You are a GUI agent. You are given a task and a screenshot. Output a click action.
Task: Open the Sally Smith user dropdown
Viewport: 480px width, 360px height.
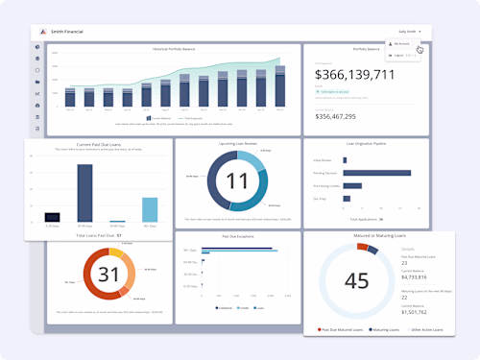coord(409,32)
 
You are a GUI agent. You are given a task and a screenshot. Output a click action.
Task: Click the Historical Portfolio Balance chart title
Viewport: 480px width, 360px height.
coord(172,49)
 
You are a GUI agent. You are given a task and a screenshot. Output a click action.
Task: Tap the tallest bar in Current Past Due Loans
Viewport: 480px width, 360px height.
coord(84,193)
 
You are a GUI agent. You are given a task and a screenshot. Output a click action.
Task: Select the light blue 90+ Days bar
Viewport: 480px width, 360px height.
coord(149,210)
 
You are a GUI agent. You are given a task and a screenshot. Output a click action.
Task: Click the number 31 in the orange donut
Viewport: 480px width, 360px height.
coord(108,276)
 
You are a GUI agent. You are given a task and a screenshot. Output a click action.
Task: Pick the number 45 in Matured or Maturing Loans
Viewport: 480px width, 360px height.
coord(357,280)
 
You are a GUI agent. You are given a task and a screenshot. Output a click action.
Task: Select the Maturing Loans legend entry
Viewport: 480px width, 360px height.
coord(387,329)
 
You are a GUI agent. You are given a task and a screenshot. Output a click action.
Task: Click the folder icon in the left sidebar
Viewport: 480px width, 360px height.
coord(37,83)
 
